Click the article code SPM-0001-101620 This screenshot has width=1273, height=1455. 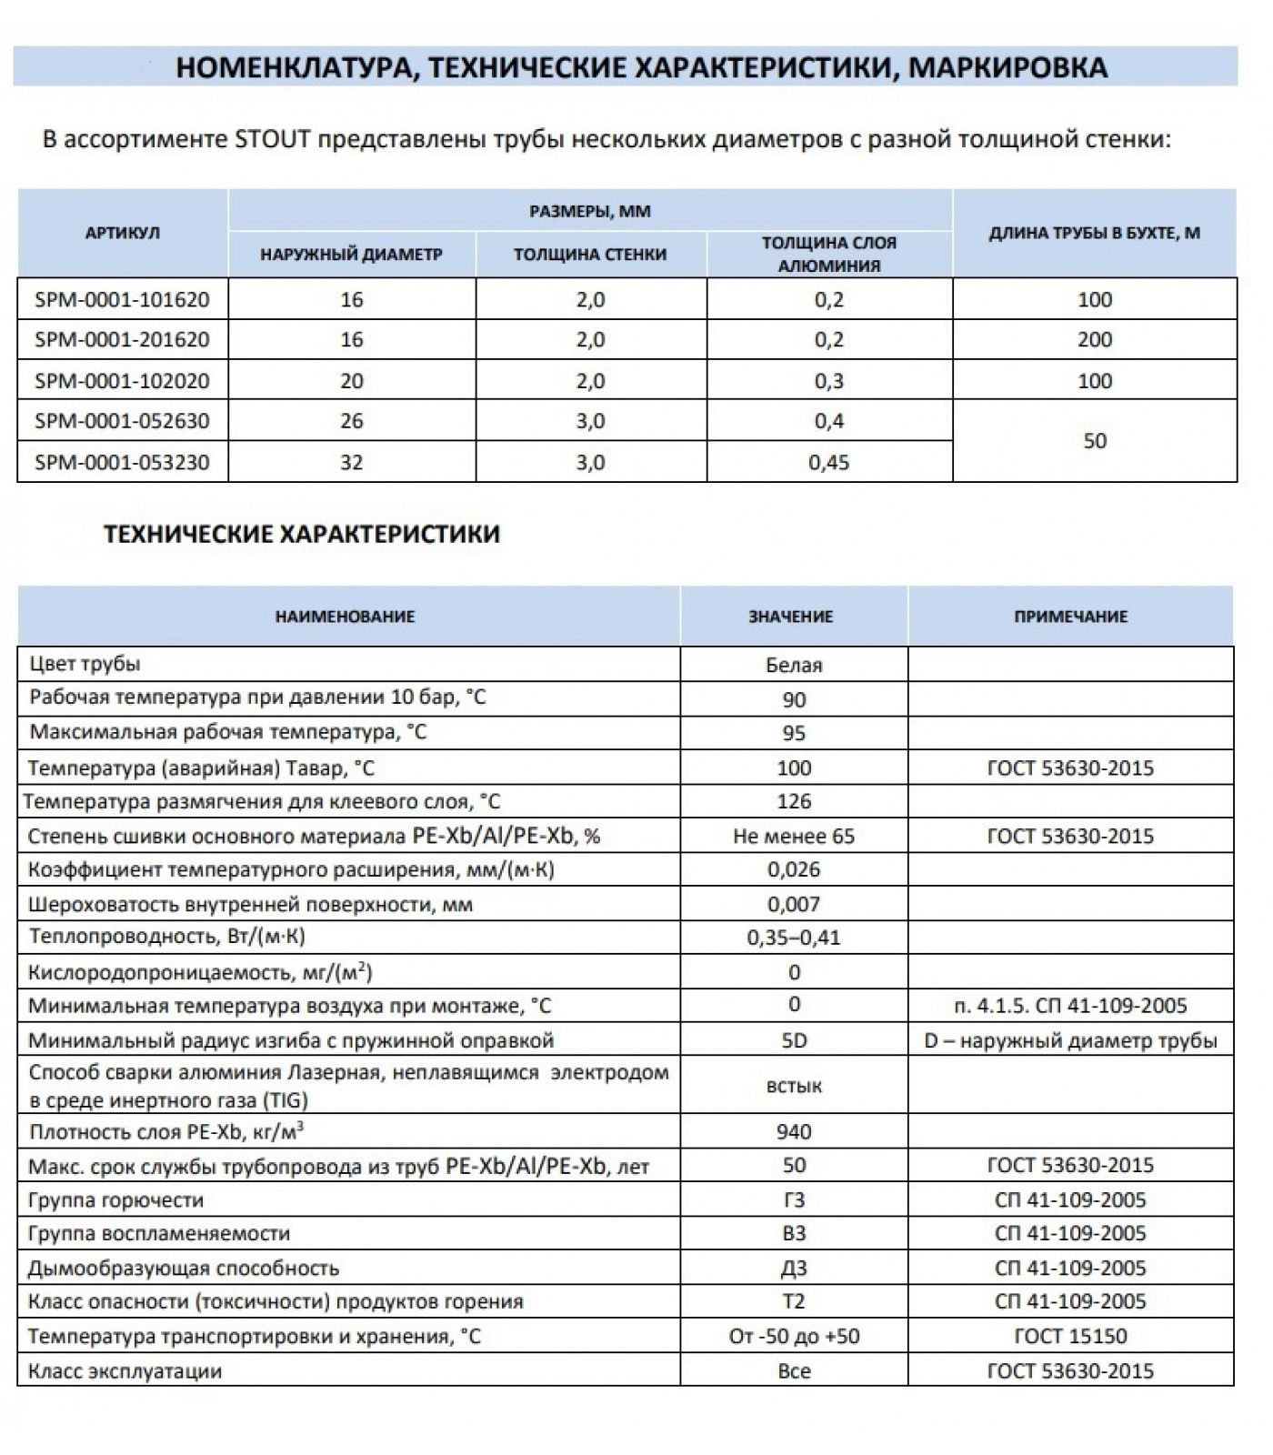tap(122, 300)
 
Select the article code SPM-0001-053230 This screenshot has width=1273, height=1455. tap(122, 463)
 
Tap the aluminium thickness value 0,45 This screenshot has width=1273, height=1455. tap(828, 463)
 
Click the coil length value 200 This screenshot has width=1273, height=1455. tap(1094, 340)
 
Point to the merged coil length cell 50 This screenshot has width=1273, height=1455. tap(1094, 441)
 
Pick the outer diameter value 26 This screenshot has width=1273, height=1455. tap(351, 422)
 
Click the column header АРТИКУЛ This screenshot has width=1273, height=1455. tap(122, 233)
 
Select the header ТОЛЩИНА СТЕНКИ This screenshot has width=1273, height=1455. tap(590, 255)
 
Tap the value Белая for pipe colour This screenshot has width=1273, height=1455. tap(794, 666)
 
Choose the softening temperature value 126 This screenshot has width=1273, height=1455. tap(794, 802)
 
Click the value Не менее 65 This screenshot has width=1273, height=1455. tap(794, 837)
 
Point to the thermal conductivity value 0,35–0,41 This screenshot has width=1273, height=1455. tap(794, 938)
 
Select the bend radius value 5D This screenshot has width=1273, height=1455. tap(794, 1040)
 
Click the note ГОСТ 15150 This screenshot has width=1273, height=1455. tap(1070, 1337)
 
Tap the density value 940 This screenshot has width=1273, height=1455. tap(794, 1132)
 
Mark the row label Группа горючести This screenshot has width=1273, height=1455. tap(115, 1200)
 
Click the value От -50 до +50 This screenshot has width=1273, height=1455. tap(794, 1337)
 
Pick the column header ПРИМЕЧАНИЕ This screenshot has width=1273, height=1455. tap(1070, 617)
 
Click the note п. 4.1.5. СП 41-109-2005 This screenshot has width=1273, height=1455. tap(1070, 1006)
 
